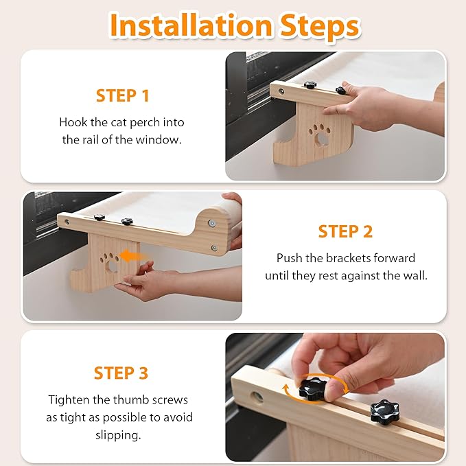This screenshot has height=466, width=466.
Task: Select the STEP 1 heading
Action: [122, 95]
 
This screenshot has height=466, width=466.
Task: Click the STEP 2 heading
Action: [345, 231]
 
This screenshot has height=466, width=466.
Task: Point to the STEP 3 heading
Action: [121, 373]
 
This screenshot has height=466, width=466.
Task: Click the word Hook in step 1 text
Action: [73, 122]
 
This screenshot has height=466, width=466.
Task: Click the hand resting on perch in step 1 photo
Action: [374, 103]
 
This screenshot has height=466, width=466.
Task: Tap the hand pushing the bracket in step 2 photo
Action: [151, 281]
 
